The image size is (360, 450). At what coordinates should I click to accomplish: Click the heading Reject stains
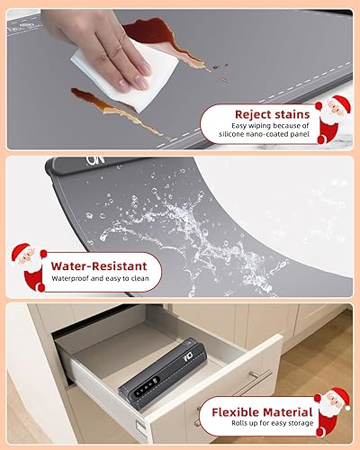pyautogui.click(x=272, y=114)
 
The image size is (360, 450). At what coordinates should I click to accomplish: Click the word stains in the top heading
pyautogui.click(x=293, y=114)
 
